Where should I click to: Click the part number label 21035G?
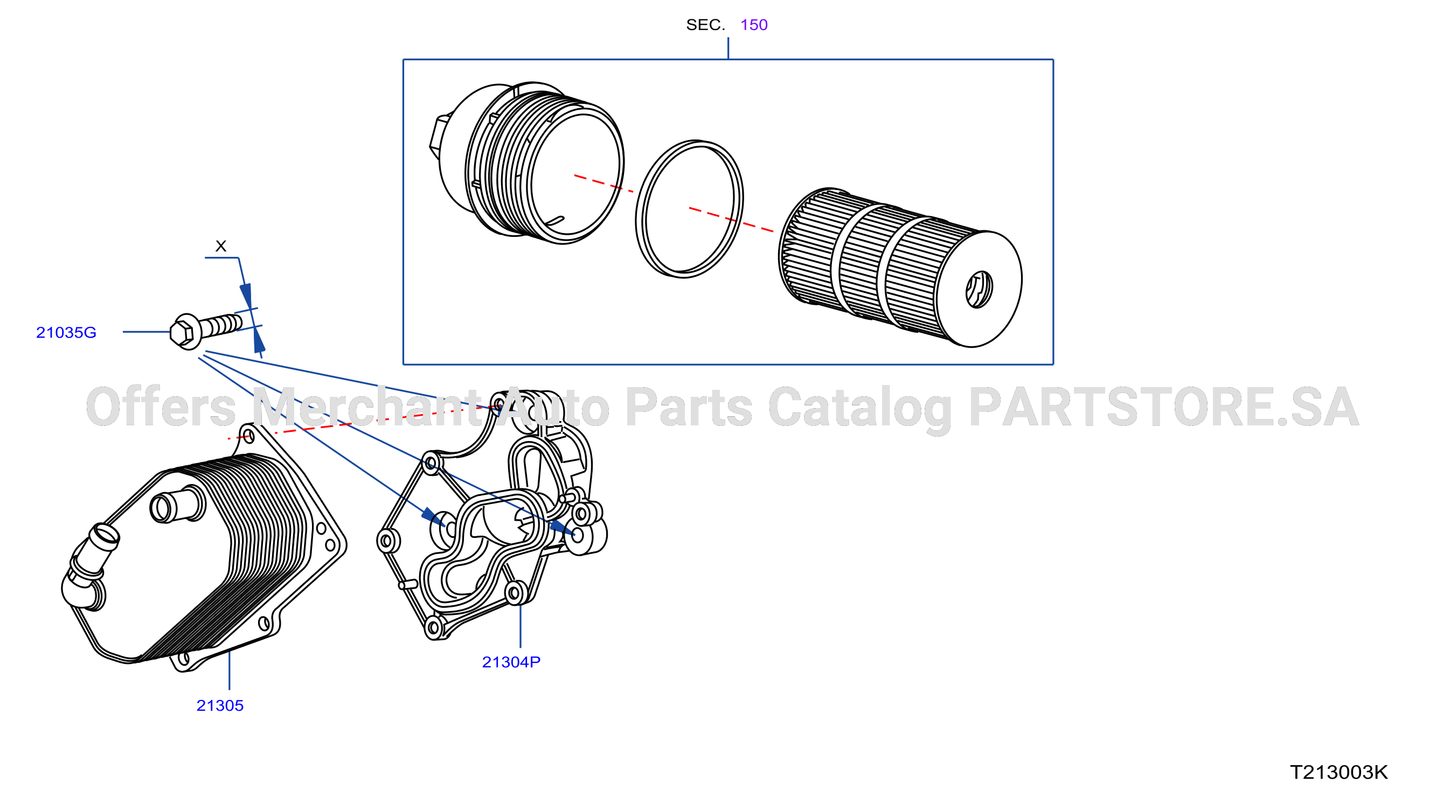coord(66,333)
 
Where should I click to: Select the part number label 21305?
coord(220,705)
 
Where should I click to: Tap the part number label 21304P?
coord(511,662)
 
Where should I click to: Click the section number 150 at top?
coord(753,25)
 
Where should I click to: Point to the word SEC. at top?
coord(705,25)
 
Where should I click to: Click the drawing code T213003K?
coord(1339,773)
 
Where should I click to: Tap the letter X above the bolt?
coord(221,246)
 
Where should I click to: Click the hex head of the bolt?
coord(183,333)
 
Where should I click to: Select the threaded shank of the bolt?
coord(221,325)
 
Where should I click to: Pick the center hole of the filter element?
coord(979,290)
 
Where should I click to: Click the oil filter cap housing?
coord(526,163)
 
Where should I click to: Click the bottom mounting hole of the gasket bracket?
coord(434,627)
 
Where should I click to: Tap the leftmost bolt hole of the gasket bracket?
coord(387,542)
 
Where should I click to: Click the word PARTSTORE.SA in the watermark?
coord(1164,407)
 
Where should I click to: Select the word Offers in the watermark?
coord(161,407)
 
